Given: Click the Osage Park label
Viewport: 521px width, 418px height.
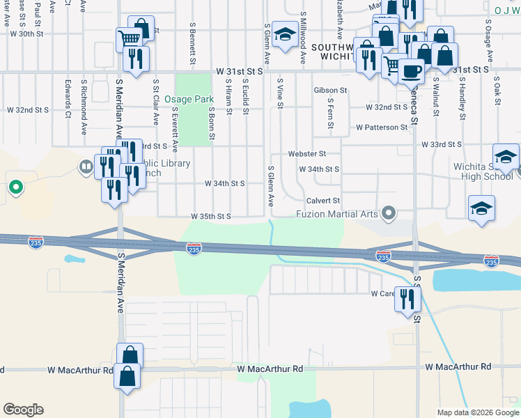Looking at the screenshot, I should click(x=193, y=100).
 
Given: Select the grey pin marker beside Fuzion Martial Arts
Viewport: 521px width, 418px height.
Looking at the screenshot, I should click(x=390, y=212).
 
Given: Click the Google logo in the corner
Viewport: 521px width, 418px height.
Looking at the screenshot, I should click(x=23, y=410).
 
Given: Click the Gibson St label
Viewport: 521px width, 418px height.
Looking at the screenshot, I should click(x=330, y=91).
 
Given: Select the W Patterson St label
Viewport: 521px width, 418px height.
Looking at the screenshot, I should click(x=381, y=127).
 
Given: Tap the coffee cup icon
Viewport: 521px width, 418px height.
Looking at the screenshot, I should click(x=411, y=70).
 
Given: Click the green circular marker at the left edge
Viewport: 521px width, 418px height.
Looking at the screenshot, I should click(x=15, y=187).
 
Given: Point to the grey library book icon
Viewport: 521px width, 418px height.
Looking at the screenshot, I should click(x=86, y=167).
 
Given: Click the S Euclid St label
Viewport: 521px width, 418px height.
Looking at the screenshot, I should click(x=246, y=93).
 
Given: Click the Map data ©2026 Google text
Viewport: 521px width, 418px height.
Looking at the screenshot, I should click(x=477, y=412).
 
